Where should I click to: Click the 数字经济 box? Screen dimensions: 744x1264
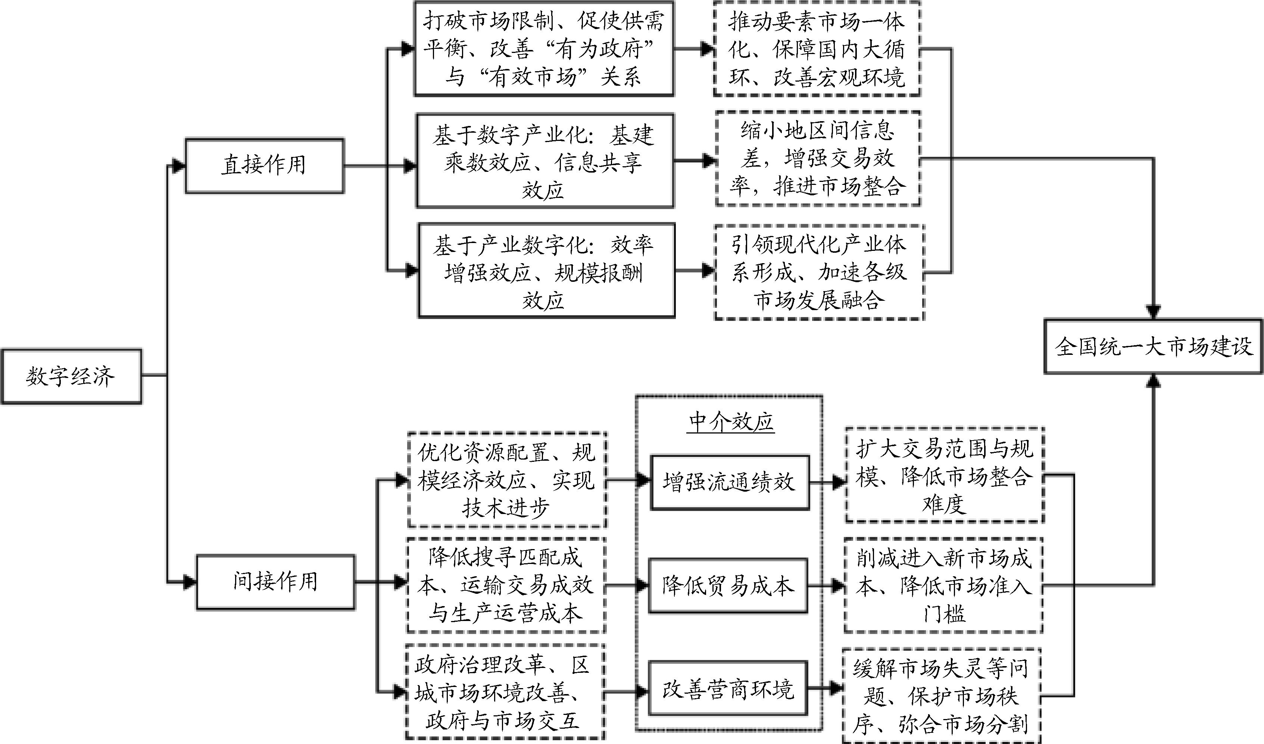click(x=71, y=376)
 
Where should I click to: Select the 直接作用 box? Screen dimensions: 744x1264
click(x=265, y=165)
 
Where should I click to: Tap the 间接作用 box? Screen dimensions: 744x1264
click(x=275, y=581)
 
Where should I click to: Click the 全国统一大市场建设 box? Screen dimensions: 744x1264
click(x=1153, y=346)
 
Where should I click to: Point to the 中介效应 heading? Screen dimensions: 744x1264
click(x=731, y=422)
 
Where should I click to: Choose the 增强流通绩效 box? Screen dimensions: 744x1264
click(x=730, y=482)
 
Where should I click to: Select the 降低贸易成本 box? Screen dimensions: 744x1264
click(x=728, y=586)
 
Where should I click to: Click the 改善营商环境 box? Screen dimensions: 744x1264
click(x=728, y=689)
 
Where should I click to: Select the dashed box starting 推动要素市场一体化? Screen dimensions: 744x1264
click(x=817, y=49)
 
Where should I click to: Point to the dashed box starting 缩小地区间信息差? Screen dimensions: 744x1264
click(x=818, y=159)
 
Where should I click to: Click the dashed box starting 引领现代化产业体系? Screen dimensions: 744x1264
click(x=819, y=272)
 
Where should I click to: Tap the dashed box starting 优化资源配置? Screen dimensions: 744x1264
click(x=507, y=480)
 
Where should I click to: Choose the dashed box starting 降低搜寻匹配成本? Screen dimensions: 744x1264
click(x=506, y=586)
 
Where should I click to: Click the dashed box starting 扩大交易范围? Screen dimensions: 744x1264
click(x=945, y=475)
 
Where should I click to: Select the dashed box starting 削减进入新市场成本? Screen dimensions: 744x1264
click(x=943, y=586)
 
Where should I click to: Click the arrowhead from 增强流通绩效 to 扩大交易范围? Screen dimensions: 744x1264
click(x=839, y=483)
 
